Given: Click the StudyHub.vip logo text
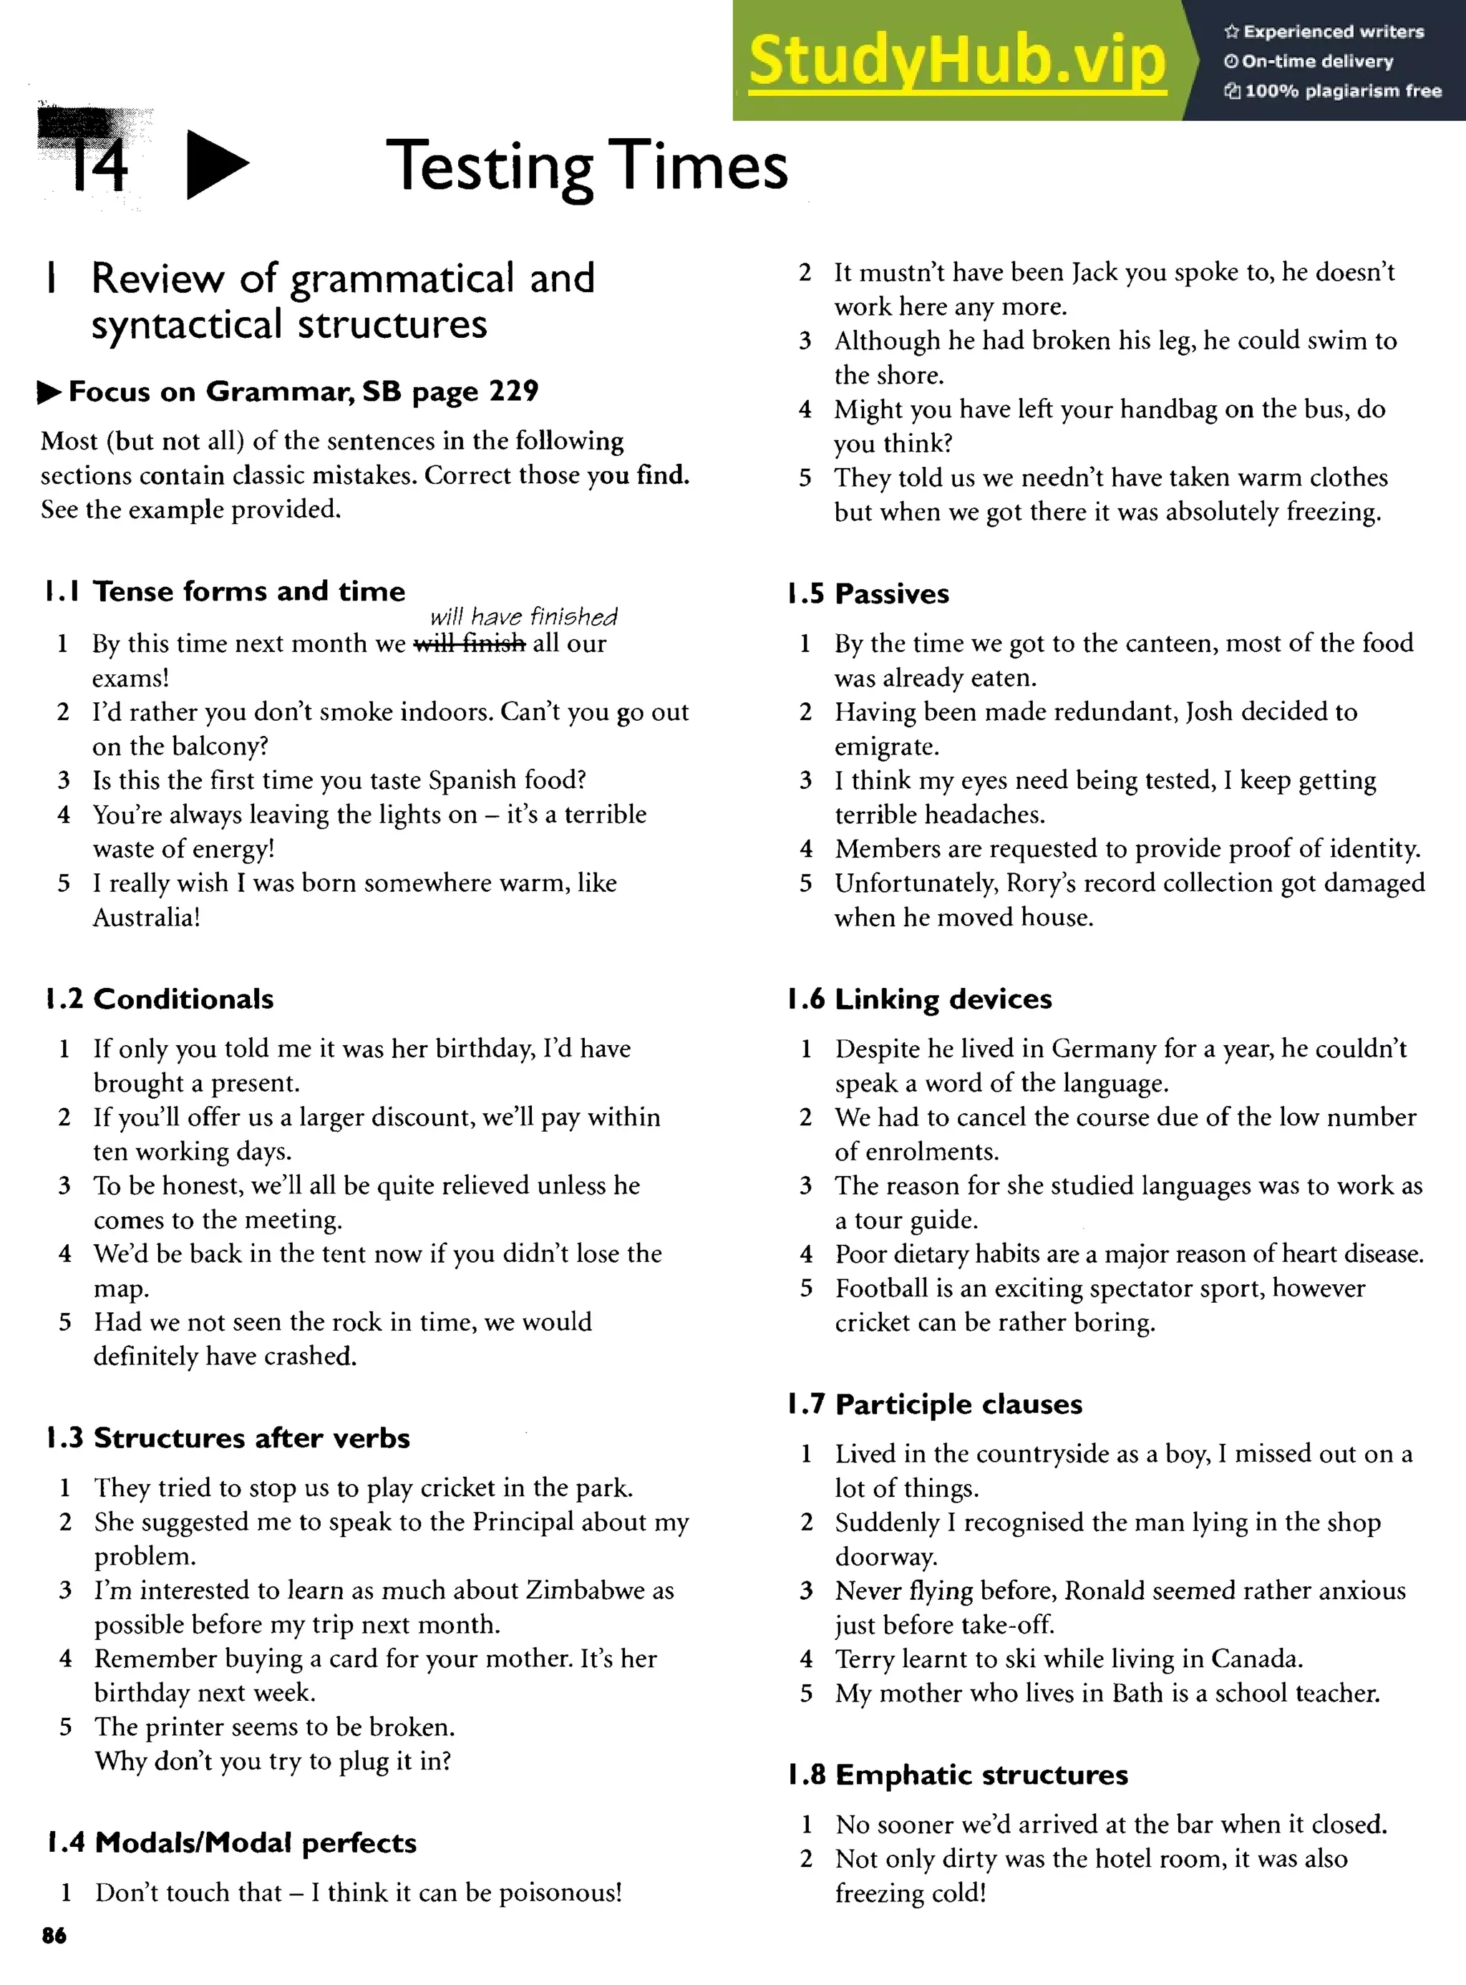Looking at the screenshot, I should click(956, 60).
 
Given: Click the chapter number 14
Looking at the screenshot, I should click(97, 165).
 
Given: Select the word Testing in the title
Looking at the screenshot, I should click(489, 167).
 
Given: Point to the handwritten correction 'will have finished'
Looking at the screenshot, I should click(523, 617).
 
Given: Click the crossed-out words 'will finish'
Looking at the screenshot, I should click(470, 644).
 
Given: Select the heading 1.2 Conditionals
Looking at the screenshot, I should click(160, 999).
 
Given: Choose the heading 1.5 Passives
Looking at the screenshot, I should click(868, 593).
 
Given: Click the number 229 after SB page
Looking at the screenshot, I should click(514, 392).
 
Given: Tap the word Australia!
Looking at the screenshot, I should click(147, 917).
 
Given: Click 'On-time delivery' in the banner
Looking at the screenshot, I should click(1317, 62).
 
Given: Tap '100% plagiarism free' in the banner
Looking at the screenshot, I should click(1341, 90).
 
